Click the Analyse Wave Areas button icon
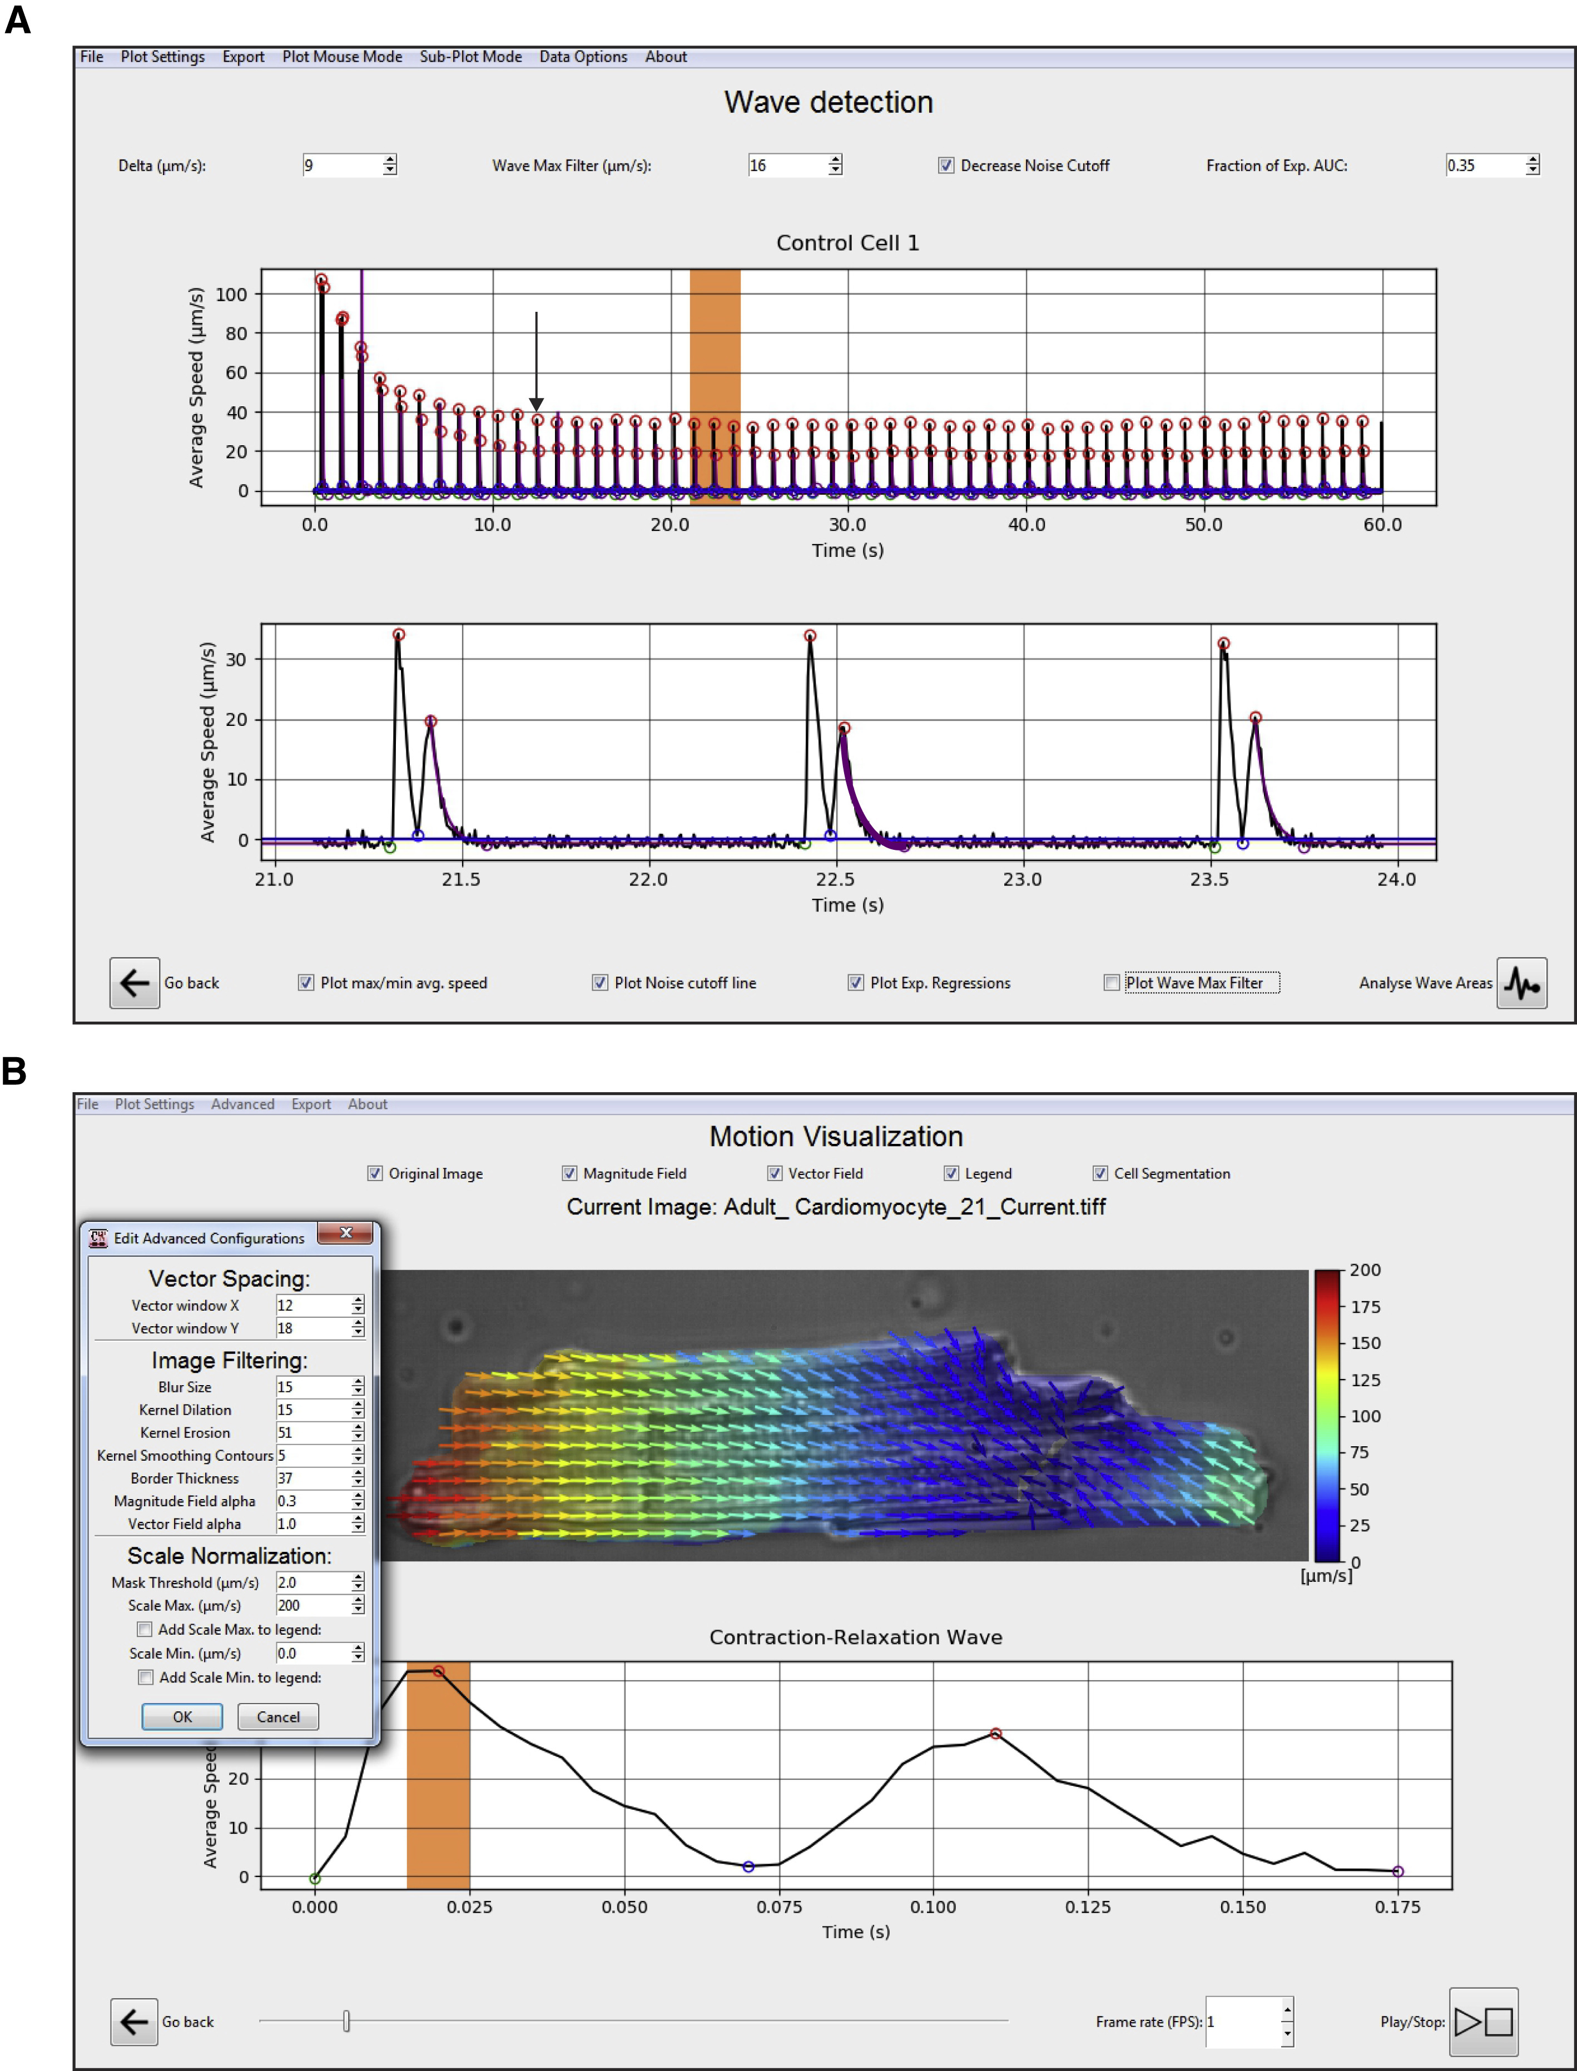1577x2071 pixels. [x=1521, y=983]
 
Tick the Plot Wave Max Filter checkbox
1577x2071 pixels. [x=1112, y=983]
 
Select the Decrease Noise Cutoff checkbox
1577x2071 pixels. [x=946, y=165]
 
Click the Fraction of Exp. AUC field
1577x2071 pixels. [x=1483, y=165]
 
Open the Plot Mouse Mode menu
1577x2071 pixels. [x=341, y=56]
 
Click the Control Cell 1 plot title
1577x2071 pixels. [x=847, y=243]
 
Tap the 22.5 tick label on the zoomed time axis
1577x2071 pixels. [x=835, y=879]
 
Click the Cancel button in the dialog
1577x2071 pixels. [x=278, y=1716]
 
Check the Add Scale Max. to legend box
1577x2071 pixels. [x=145, y=1629]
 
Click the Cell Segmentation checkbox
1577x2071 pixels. [x=1100, y=1173]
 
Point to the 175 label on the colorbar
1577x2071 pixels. [x=1365, y=1306]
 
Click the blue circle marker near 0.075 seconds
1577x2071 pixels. [x=748, y=1866]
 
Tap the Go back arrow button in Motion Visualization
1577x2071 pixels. [x=134, y=2022]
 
